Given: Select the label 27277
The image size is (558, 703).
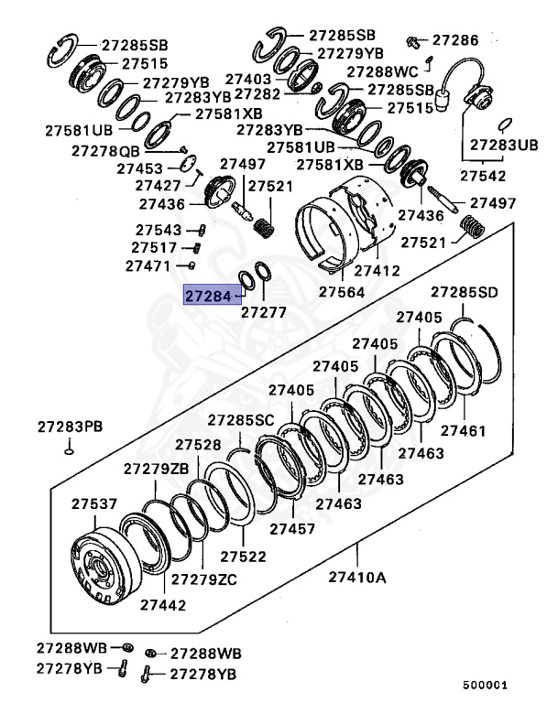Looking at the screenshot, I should [264, 312].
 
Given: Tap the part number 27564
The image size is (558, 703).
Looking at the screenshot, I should [342, 292].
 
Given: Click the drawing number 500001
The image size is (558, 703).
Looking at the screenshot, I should [485, 684].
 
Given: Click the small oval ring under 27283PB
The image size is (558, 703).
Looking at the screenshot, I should [70, 449].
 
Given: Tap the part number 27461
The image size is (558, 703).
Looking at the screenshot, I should [464, 430].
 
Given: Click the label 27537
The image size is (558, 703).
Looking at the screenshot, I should [94, 503].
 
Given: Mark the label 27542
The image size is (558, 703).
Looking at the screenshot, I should [482, 174].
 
